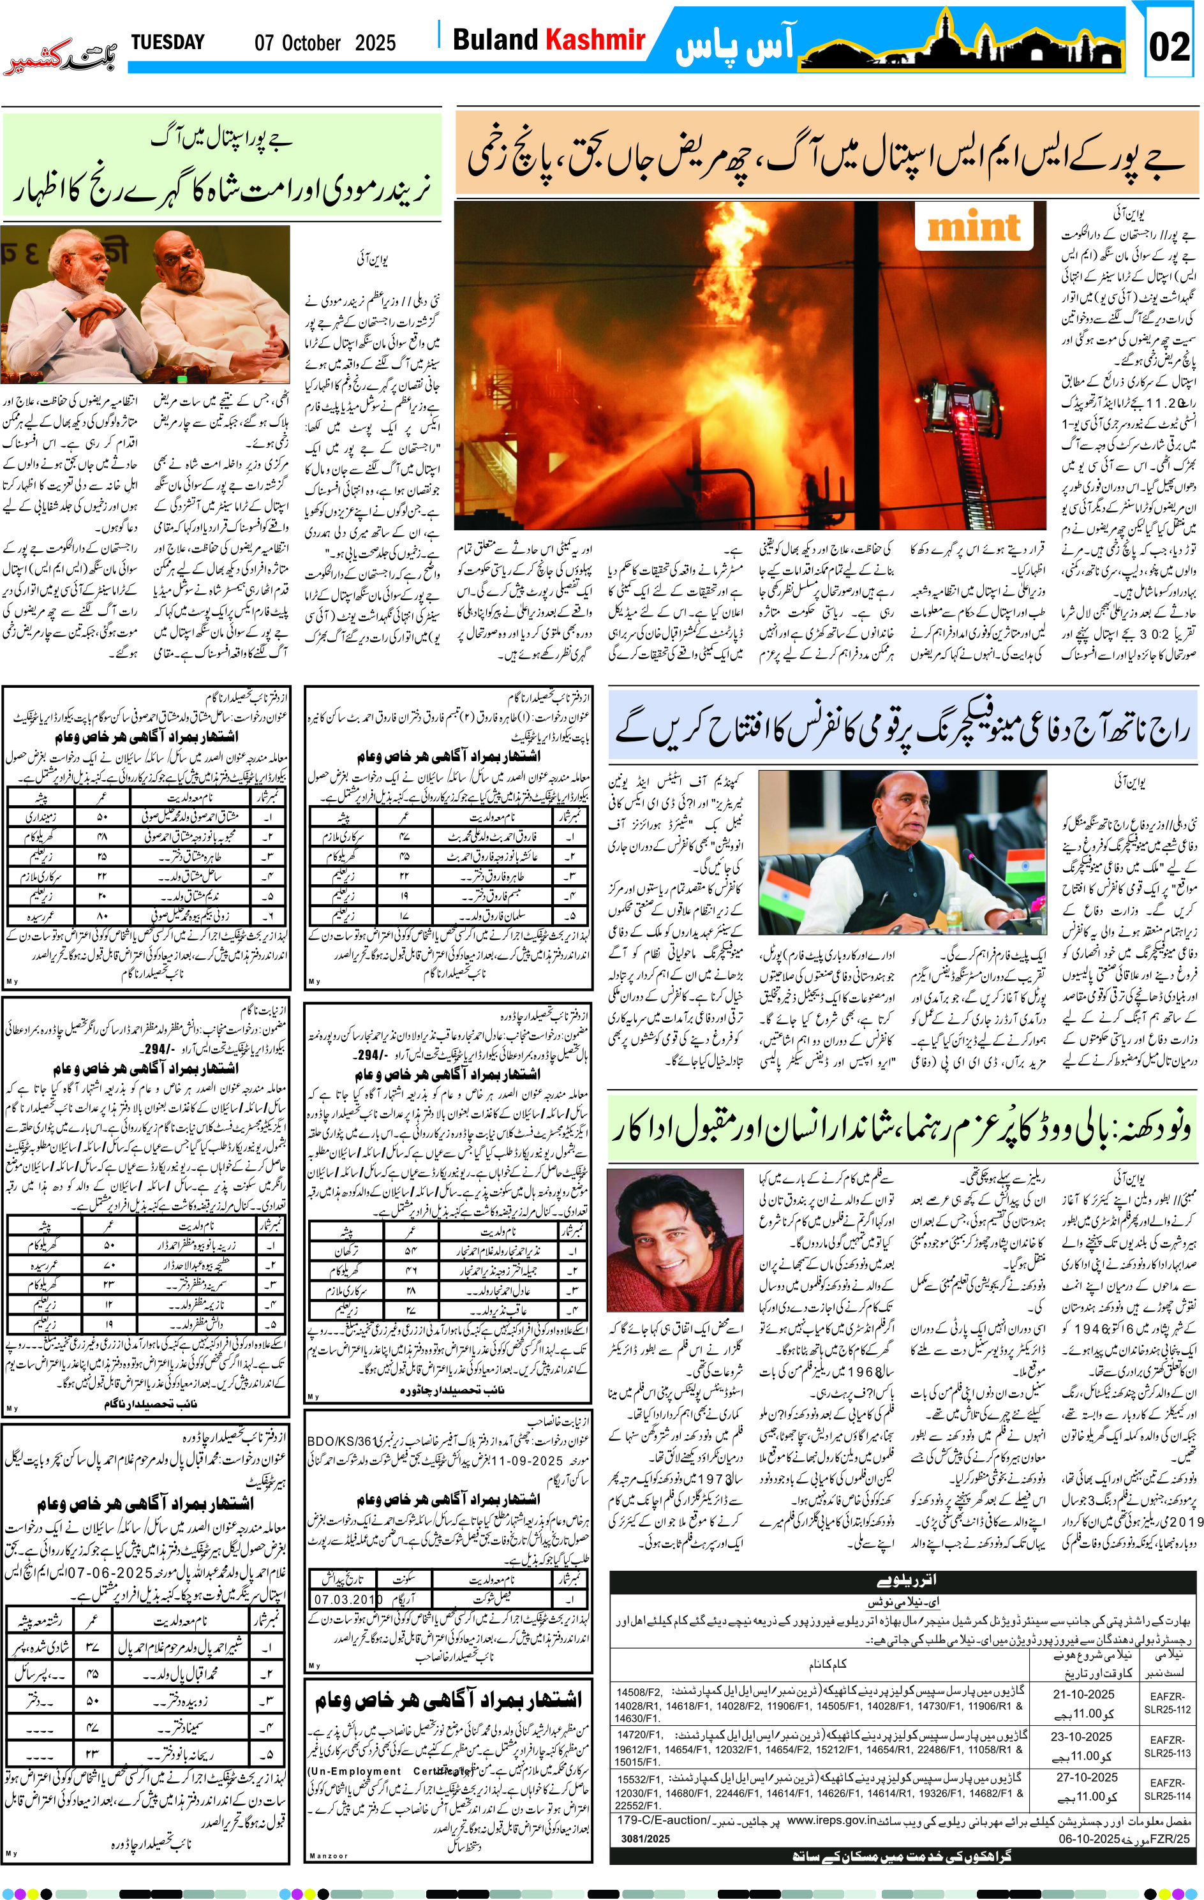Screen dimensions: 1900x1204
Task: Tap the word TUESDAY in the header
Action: point(167,42)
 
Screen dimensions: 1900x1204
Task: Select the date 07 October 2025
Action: point(324,43)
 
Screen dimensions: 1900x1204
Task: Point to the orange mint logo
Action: point(974,227)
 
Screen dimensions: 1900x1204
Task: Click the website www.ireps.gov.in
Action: point(831,1820)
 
